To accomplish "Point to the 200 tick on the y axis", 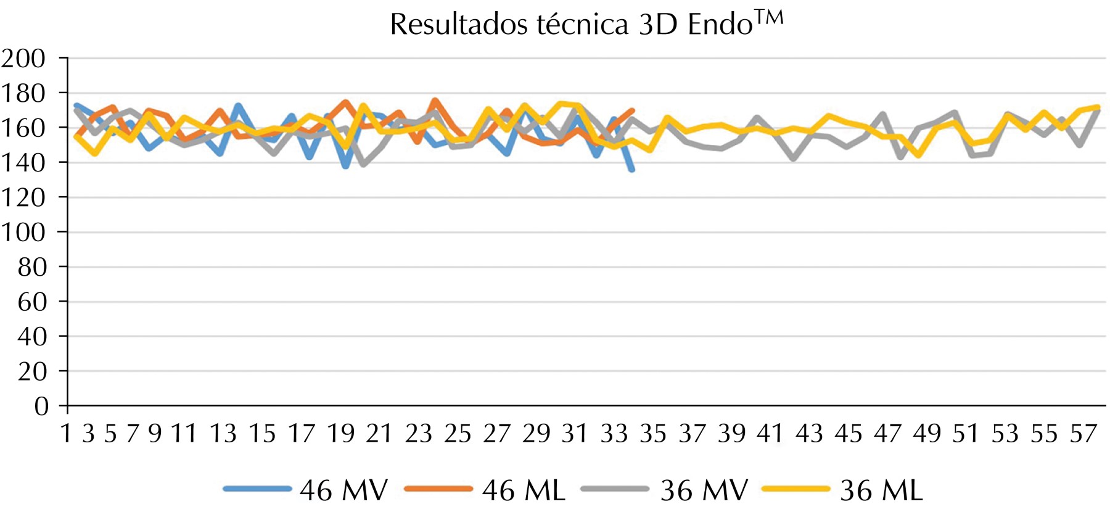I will tap(23, 59).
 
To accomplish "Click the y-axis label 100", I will tap(23, 233).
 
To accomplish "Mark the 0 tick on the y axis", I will tap(41, 407).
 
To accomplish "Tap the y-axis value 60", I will tap(32, 302).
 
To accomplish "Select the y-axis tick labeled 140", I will tap(23, 163).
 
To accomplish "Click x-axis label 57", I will tap(1083, 434).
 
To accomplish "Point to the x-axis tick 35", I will tap(653, 434).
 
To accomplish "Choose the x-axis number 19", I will tap(340, 434).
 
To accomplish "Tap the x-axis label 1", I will tap(67, 434).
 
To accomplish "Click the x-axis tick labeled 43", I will tap(809, 434).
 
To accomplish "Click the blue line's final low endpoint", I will tap(632, 170).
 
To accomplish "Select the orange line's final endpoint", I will tap(633, 111).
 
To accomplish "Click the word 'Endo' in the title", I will tap(720, 25).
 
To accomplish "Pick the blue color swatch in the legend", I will tap(257, 489).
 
